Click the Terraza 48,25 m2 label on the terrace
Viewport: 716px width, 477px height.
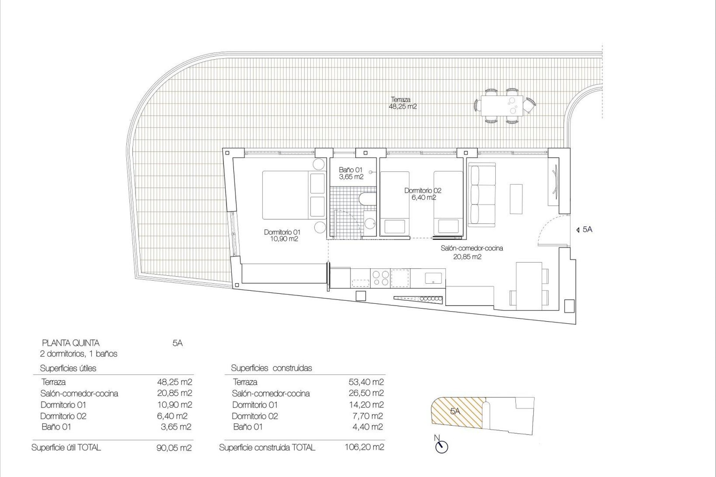tap(402, 103)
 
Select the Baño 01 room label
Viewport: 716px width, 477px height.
tap(351, 173)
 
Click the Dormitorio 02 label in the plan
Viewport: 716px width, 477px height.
tap(423, 194)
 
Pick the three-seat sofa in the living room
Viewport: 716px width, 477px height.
tap(482, 196)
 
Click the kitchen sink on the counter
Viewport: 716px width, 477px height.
tap(434, 278)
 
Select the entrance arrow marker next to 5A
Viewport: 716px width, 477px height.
tap(577, 230)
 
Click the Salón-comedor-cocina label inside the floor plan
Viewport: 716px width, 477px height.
tap(471, 252)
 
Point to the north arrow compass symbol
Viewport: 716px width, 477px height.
tap(442, 446)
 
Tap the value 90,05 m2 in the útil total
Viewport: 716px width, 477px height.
tap(174, 448)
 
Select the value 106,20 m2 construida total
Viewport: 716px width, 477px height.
tap(364, 447)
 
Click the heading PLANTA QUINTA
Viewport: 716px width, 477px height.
tap(71, 343)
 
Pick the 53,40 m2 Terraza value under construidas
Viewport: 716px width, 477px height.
tap(366, 382)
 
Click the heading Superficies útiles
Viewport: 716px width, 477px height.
tap(68, 368)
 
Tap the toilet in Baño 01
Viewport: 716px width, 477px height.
tap(366, 200)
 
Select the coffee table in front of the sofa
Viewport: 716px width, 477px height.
tap(516, 199)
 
